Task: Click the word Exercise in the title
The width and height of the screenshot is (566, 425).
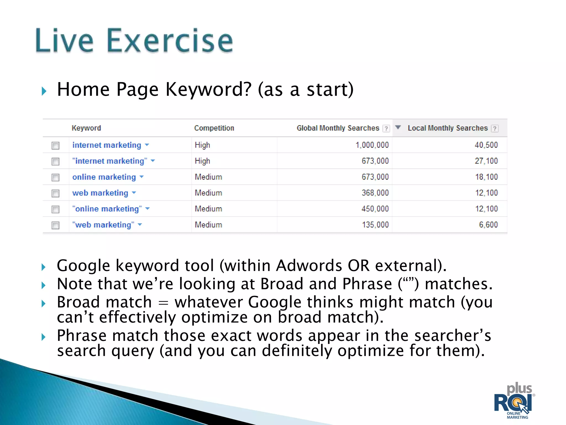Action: (169, 41)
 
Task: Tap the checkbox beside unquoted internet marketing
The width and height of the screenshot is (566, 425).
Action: (56, 146)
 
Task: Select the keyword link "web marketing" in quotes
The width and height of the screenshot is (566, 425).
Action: (103, 225)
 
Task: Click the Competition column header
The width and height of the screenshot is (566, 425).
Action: (214, 128)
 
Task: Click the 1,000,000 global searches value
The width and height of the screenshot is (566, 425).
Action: (372, 145)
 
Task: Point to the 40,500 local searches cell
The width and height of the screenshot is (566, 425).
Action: (486, 145)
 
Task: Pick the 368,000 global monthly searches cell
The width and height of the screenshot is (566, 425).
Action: (375, 193)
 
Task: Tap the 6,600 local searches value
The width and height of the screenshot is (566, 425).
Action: (488, 225)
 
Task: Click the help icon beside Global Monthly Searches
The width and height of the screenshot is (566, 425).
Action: (386, 129)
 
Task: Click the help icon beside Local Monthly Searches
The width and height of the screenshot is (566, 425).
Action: (495, 129)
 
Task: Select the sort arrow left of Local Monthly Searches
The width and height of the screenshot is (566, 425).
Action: (398, 128)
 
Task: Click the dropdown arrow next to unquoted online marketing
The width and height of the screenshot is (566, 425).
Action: (142, 177)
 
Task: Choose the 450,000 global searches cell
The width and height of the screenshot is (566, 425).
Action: (375, 209)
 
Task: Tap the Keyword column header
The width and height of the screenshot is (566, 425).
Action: (86, 128)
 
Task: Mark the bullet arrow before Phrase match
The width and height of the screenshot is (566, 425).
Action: (44, 337)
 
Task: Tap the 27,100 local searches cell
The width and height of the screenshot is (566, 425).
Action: (486, 161)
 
